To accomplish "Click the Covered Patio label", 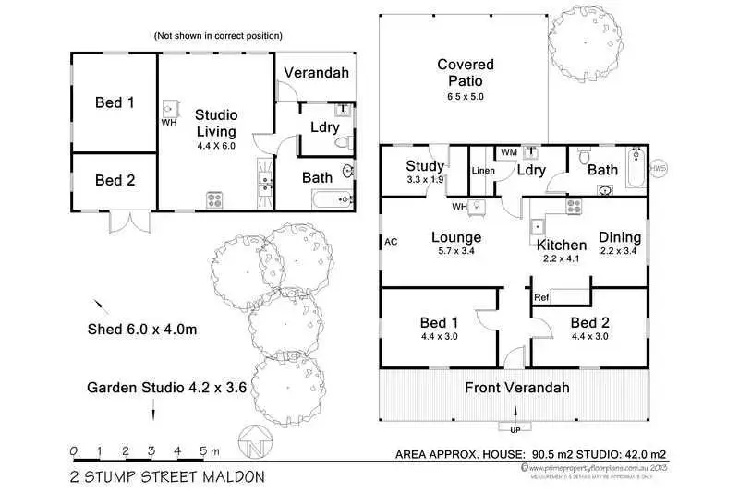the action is tap(466, 73).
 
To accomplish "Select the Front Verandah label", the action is tap(516, 387).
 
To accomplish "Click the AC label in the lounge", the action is tap(391, 242).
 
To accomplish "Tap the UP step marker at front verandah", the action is tap(515, 429).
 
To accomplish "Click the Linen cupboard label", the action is tap(483, 171).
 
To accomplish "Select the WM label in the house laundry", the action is tap(508, 151).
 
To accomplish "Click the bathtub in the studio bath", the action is tap(328, 198).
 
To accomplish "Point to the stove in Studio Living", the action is tap(214, 198).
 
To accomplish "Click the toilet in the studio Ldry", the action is tap(344, 142).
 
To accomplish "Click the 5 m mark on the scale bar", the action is tap(203, 451).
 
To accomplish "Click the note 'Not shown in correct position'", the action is tap(218, 36).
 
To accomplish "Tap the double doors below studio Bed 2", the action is tap(127, 222).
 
